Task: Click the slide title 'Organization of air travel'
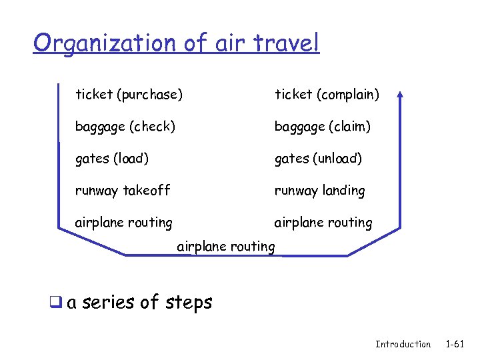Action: [177, 43]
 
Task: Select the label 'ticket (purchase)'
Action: [129, 95]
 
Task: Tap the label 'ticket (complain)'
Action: [327, 95]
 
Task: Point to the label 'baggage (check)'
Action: [125, 126]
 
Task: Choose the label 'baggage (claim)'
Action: [323, 126]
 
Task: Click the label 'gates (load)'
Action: [112, 159]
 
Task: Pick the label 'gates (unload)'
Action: [318, 159]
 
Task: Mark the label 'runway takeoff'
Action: [123, 191]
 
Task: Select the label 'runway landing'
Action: [320, 191]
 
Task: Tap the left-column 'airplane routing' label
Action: [123, 223]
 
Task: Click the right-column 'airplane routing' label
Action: [323, 223]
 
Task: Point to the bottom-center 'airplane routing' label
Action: [226, 247]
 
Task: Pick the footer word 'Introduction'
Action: [403, 344]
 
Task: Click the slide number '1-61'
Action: [455, 344]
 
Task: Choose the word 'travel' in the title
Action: [289, 43]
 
